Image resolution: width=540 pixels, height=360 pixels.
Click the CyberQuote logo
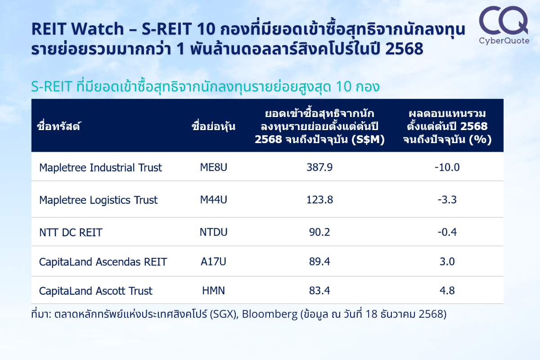click(x=504, y=25)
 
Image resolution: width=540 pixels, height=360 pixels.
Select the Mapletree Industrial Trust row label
click(x=100, y=167)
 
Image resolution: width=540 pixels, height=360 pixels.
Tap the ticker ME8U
click(x=214, y=167)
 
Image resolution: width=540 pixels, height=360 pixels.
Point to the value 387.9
click(x=319, y=167)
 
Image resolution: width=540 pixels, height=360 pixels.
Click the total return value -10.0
click(x=447, y=167)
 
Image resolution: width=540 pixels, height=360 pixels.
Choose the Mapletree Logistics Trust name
click(x=99, y=200)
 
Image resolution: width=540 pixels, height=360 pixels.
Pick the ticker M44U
click(x=214, y=200)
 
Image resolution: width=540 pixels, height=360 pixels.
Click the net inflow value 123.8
click(x=319, y=200)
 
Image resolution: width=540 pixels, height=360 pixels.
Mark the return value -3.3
click(x=447, y=200)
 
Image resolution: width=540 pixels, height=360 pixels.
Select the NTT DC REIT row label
click(x=71, y=233)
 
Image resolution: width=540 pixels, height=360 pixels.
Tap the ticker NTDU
click(x=214, y=232)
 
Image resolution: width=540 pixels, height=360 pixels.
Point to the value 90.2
click(x=319, y=232)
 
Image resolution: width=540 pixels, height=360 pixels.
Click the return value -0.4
click(x=447, y=232)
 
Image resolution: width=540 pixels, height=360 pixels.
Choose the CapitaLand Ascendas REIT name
click(x=103, y=262)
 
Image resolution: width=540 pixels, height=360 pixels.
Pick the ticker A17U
click(x=214, y=261)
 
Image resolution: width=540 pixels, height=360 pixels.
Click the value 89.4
click(x=319, y=261)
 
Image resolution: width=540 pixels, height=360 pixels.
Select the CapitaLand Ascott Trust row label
click(x=96, y=291)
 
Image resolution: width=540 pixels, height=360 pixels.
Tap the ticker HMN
click(x=214, y=290)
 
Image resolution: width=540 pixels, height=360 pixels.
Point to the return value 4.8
click(x=447, y=290)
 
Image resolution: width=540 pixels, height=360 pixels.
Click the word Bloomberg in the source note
click(x=270, y=315)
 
